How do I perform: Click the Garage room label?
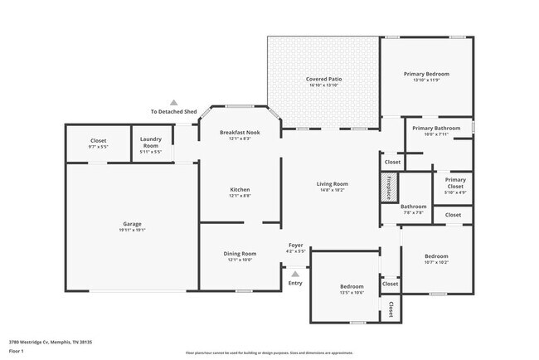pos(133,224)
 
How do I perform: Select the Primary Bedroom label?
pos(426,75)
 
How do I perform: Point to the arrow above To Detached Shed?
pos(173,101)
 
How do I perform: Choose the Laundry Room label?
pos(151,143)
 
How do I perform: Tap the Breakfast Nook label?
pos(240,133)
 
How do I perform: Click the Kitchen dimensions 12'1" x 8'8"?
pos(240,196)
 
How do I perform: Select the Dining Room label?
pos(240,253)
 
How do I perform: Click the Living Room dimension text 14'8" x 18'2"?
pos(332,190)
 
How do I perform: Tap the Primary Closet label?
pos(455,183)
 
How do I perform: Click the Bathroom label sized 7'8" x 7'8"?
pos(413,207)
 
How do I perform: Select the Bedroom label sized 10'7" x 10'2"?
pos(436,256)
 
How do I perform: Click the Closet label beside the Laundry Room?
pos(98,141)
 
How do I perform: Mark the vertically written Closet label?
pos(391,309)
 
